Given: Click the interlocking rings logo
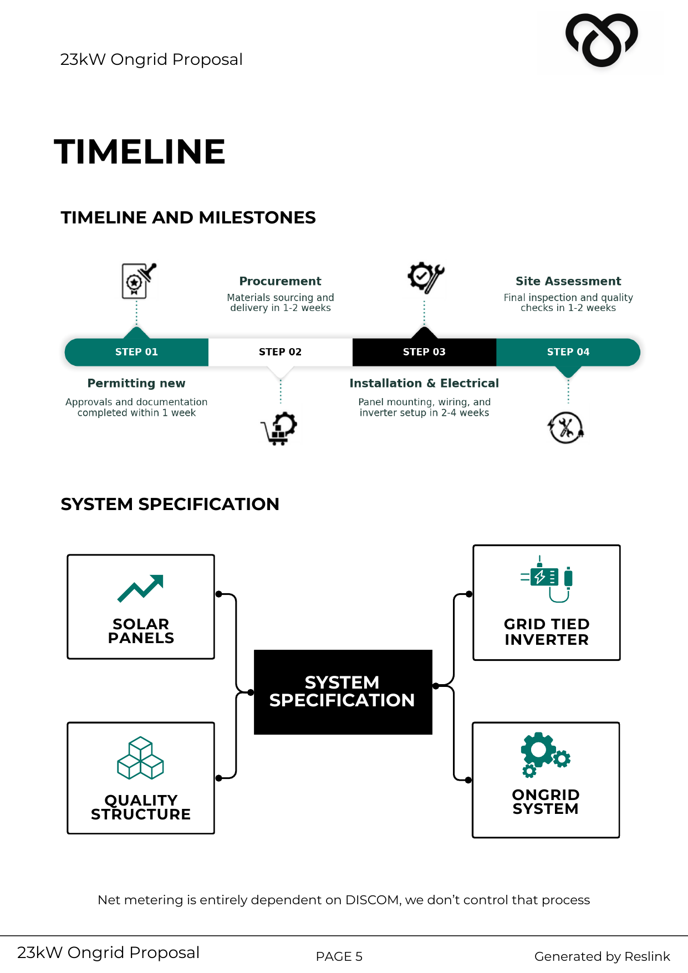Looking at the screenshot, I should coord(602,40).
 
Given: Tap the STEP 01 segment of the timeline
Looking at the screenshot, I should coord(136,352).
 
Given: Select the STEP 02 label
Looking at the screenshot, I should coord(280,352).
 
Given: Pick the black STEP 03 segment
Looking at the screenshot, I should coord(424,352).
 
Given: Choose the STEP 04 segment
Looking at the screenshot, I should coord(568,352).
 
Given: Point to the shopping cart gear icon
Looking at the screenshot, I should coord(279,428).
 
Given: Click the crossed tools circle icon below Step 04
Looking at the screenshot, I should coord(565,428).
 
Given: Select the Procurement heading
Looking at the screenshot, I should coord(280,281).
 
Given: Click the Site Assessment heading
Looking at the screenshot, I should coord(568,281).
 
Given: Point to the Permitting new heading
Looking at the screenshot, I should coord(136,383).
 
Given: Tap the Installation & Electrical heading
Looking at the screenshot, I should coord(424,383).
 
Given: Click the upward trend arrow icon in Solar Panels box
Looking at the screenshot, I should coord(141,588).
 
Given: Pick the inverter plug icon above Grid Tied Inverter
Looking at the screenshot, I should coord(546,579).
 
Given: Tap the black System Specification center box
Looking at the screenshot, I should coord(343,691).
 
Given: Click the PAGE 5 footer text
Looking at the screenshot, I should coord(339,956).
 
